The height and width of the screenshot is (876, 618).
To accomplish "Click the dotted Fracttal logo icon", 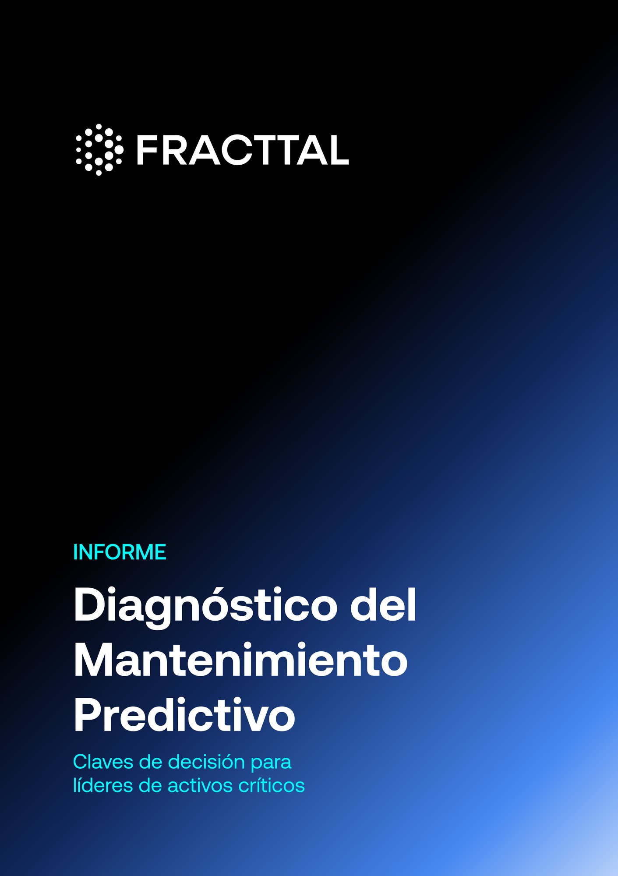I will coord(99,150).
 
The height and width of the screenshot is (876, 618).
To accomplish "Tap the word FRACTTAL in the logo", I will coord(242,150).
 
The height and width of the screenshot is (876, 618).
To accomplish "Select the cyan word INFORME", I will coord(120,552).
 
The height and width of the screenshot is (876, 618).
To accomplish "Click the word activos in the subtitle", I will coord(199,785).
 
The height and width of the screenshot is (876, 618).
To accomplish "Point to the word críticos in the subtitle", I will coord(272,785).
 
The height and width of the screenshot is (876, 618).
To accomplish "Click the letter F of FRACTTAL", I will coord(146,150).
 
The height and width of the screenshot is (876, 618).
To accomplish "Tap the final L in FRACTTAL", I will coord(338,150).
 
